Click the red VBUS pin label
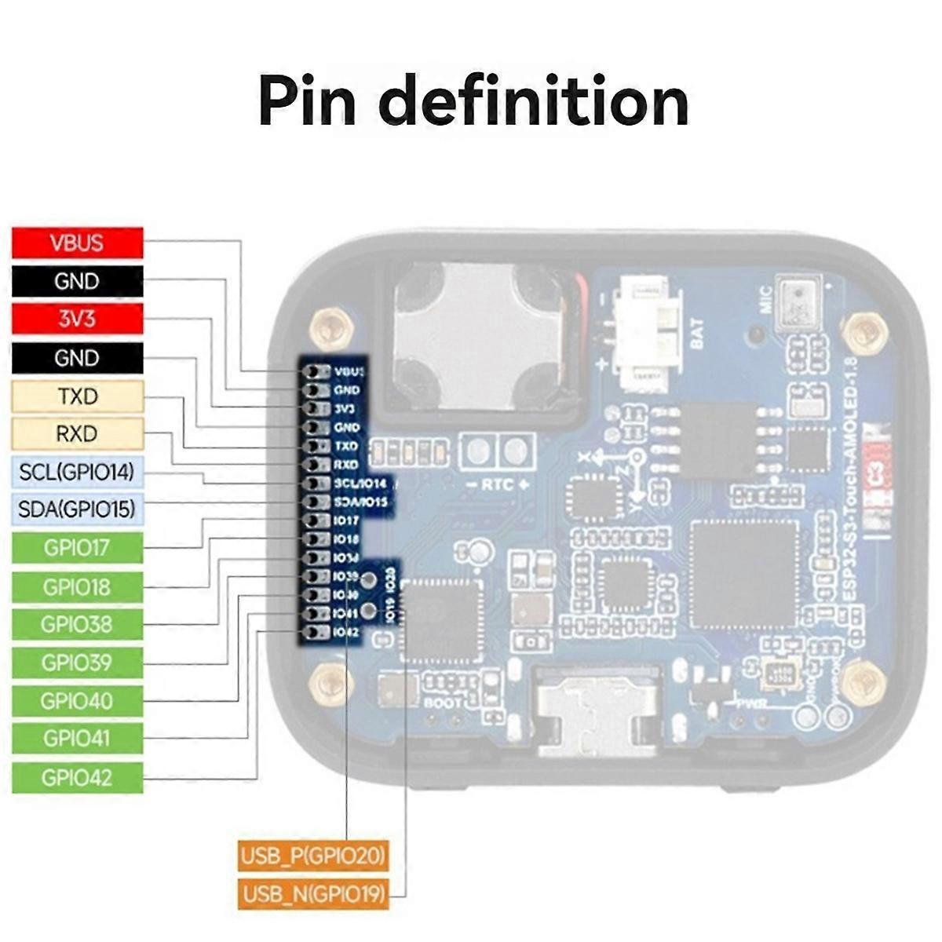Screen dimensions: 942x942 pyautogui.click(x=77, y=243)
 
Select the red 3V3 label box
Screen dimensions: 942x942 pyautogui.click(x=77, y=319)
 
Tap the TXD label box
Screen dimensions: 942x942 pyautogui.click(x=77, y=396)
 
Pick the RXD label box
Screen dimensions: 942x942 pyautogui.click(x=77, y=434)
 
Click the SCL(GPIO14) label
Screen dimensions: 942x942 pyautogui.click(x=77, y=472)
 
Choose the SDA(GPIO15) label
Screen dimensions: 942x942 pyautogui.click(x=77, y=509)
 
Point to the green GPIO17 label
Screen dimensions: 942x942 pyautogui.click(x=77, y=548)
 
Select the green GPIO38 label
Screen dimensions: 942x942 pyautogui.click(x=77, y=625)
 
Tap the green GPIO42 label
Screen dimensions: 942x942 pyautogui.click(x=77, y=778)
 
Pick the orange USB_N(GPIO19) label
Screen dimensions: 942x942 pyautogui.click(x=312, y=894)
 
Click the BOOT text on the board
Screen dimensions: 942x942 pyautogui.click(x=443, y=703)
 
